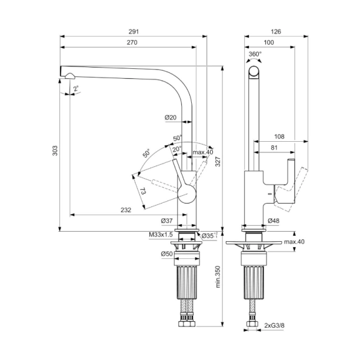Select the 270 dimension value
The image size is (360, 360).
[132, 43]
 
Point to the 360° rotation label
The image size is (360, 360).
[255, 54]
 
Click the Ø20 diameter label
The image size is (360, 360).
[171, 117]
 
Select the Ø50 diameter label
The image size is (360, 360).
[166, 254]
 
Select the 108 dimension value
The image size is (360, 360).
[279, 136]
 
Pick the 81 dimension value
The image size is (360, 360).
[274, 148]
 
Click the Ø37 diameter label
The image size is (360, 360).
[166, 221]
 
